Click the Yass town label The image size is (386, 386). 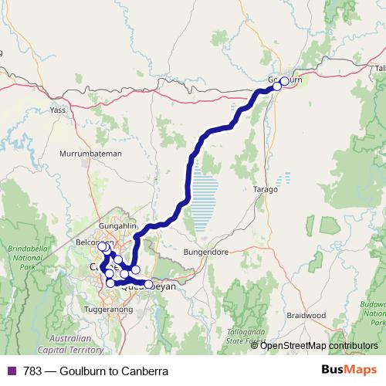[x=58, y=110]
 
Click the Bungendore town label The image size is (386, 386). [x=208, y=252]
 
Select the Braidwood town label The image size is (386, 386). [x=307, y=315]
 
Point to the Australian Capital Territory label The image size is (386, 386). [x=69, y=344]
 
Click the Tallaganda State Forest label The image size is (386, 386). [x=238, y=334]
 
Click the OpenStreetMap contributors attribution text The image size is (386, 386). [x=319, y=346]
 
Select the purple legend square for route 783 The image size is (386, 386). [x=10, y=371]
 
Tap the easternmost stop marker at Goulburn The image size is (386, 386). [x=284, y=81]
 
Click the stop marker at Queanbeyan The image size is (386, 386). [x=148, y=284]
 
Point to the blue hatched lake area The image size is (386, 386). [x=205, y=197]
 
